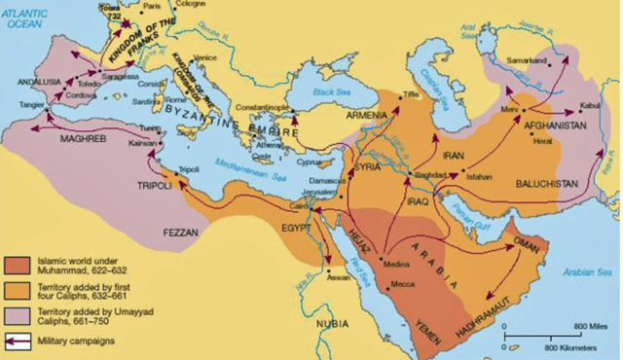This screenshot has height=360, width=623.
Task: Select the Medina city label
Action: tap(397, 264)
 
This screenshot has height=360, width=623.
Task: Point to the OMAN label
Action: tap(525, 243)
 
